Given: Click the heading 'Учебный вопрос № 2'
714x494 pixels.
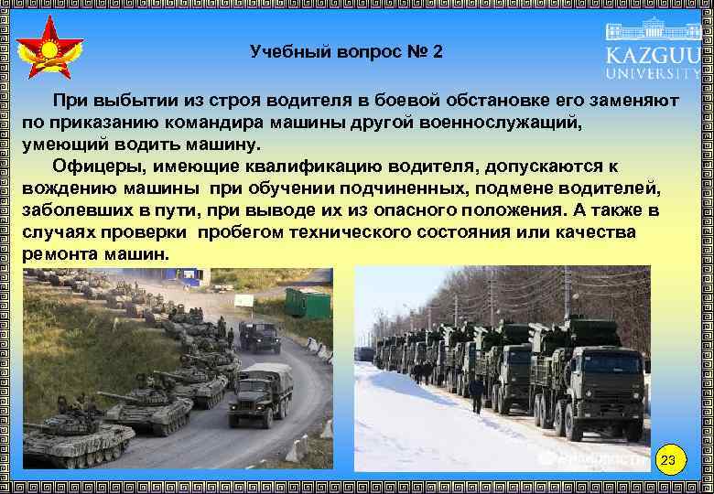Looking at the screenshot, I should (x=346, y=52).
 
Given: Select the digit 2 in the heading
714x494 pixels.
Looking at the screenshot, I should (x=438, y=52).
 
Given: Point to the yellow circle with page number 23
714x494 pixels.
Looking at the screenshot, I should (x=669, y=458).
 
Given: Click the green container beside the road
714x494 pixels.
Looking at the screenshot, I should (x=308, y=302).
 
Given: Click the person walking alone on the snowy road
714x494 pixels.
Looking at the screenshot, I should (x=475, y=393).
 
